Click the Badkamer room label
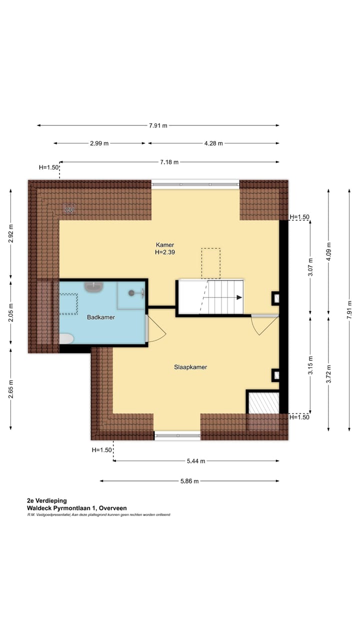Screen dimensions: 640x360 [x=101, y=317]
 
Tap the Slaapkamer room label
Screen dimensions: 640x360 [x=190, y=367]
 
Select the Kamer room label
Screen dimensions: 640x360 [x=165, y=245]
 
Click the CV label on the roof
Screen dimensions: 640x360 [x=69, y=210]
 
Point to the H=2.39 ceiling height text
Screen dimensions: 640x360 [x=165, y=252]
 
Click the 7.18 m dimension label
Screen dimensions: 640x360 [x=169, y=162]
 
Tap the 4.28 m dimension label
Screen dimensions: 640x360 [x=213, y=143]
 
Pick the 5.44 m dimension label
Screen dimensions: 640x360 [x=195, y=461]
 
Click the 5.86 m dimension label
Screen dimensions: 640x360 [x=189, y=481]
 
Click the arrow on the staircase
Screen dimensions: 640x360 [x=239, y=297]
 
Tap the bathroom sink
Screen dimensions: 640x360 [x=93, y=287]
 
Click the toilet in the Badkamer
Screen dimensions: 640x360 [x=66, y=339]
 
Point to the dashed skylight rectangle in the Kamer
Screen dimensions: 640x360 [x=210, y=263]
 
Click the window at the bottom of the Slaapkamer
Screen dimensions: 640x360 [x=177, y=435]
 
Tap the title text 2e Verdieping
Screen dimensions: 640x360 [x=47, y=500]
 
